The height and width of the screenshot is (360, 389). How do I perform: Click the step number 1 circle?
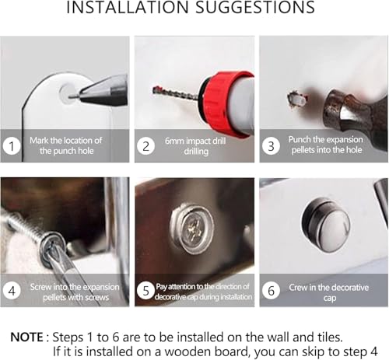click(x=12, y=146)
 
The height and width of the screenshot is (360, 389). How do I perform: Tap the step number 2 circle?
click(x=146, y=146)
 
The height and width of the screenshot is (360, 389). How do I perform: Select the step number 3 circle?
click(x=271, y=145)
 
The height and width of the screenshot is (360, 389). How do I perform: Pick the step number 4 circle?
click(x=12, y=291)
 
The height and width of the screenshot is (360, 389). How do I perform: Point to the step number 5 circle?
click(x=145, y=291)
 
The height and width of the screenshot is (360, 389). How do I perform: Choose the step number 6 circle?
click(x=271, y=291)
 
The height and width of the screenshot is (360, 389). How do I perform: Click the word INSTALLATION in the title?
click(x=128, y=7)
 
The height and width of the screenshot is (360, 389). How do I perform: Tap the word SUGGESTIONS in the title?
click(x=255, y=7)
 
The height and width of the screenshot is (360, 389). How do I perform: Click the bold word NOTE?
click(x=26, y=337)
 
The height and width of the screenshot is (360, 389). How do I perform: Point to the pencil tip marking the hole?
click(x=70, y=97)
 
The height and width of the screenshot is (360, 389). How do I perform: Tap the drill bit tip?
click(x=155, y=90)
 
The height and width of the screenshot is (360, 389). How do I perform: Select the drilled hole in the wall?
click(x=297, y=99)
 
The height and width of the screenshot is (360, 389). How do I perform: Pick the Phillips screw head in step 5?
click(x=193, y=228)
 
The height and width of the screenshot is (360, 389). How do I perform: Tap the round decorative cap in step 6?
click(x=326, y=225)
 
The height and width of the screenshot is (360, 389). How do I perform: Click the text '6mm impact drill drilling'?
click(x=195, y=146)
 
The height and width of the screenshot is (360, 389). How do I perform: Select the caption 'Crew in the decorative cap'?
click(x=329, y=292)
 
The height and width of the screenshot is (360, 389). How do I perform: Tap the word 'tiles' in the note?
click(x=330, y=337)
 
